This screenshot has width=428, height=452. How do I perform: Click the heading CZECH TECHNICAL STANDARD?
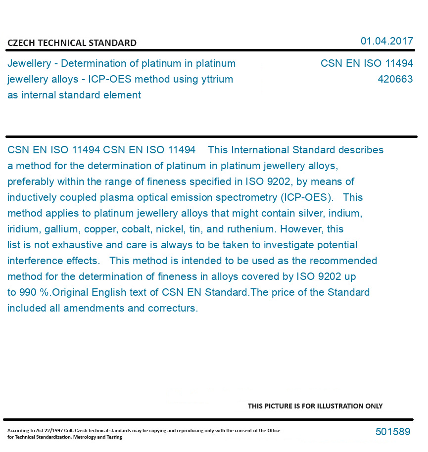coord(72,43)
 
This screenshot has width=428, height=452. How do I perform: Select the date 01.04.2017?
coord(386,41)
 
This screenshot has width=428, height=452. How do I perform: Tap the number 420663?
coord(395,79)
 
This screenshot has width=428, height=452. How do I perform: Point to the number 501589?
coord(393,432)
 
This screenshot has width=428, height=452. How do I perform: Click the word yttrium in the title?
coord(216,79)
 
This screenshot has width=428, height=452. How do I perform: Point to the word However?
coord(296,229)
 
